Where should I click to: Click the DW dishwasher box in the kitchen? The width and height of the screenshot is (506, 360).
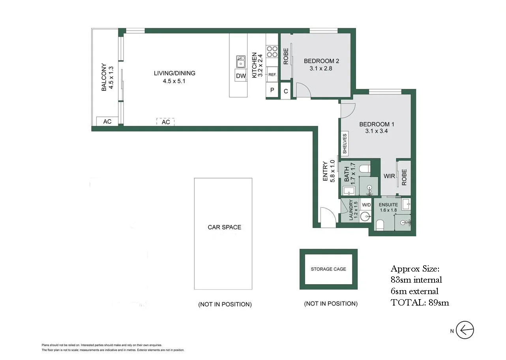[241, 76]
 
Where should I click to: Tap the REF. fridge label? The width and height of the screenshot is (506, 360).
[272, 75]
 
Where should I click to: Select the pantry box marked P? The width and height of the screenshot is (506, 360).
[272, 90]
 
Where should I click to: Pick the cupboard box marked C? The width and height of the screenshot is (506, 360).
[286, 91]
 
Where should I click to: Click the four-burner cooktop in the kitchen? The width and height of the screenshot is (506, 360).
[272, 51]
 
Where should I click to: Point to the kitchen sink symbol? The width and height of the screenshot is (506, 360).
[241, 62]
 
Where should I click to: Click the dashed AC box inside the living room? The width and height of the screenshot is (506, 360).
[166, 122]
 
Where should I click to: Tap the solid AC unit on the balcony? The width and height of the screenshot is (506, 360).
[107, 121]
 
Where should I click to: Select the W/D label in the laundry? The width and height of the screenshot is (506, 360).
[366, 204]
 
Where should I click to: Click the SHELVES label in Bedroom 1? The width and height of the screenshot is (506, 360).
[345, 144]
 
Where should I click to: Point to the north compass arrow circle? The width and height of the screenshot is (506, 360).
[465, 330]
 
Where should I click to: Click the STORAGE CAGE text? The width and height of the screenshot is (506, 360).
[328, 269]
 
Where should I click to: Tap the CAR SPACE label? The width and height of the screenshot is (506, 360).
[225, 227]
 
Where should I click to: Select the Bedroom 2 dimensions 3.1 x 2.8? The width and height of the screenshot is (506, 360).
[321, 68]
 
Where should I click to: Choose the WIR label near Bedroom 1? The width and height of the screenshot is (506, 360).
[389, 176]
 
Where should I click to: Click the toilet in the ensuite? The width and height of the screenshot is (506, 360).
[380, 225]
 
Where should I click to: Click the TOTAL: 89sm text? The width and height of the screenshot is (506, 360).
[420, 303]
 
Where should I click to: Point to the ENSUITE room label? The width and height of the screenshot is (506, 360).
[388, 204]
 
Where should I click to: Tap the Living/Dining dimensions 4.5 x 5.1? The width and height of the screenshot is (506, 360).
[174, 81]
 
